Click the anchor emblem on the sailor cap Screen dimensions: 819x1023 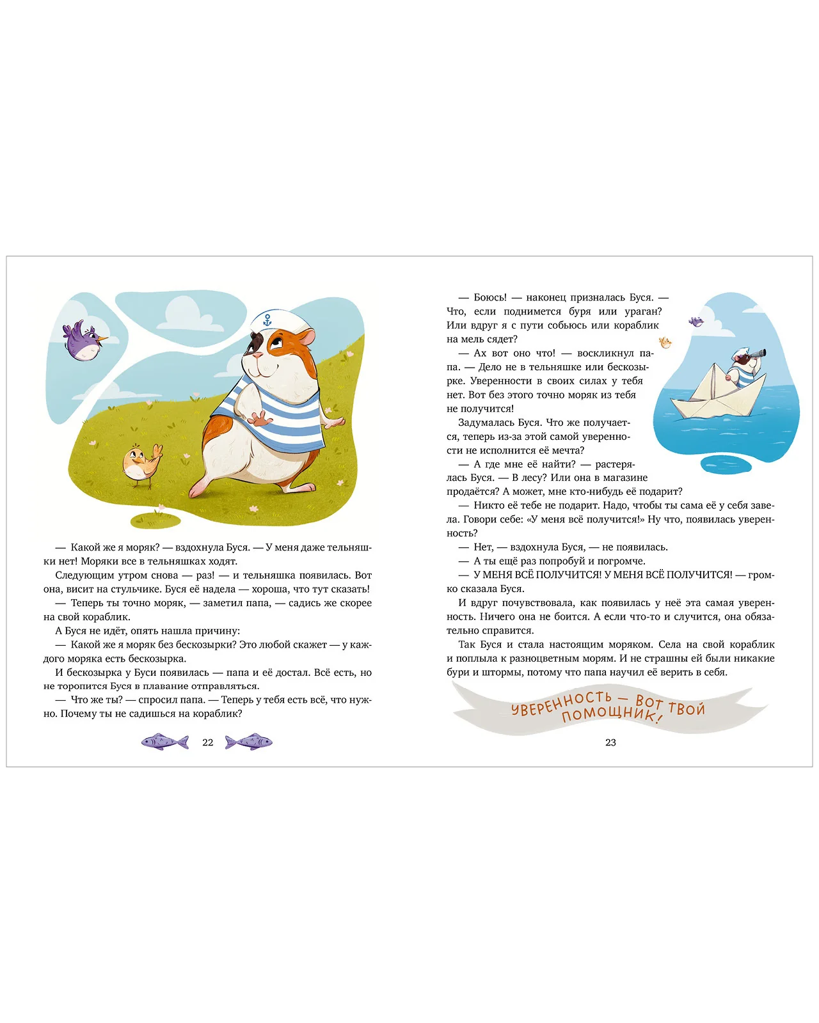[x=267, y=320]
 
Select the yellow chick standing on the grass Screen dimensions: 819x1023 [x=142, y=464]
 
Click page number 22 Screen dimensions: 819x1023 [x=208, y=742]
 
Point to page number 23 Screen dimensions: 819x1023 [x=610, y=742]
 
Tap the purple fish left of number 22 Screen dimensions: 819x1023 [x=165, y=742]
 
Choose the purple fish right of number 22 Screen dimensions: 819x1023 [x=248, y=742]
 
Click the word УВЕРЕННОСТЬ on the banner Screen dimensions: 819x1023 [x=562, y=703]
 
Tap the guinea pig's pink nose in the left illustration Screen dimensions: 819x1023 [x=257, y=355]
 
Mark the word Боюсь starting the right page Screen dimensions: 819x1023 [x=490, y=297]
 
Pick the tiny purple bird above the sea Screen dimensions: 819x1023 [x=696, y=322]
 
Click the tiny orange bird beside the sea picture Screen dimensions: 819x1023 [x=665, y=342]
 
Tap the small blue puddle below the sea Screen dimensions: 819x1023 [x=726, y=464]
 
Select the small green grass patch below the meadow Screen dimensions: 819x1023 [x=155, y=520]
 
